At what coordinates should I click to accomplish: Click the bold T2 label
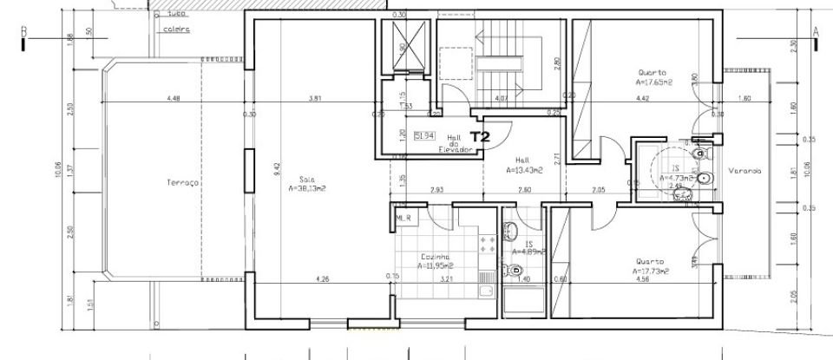pos(481,136)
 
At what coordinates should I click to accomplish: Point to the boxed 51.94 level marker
pos(424,136)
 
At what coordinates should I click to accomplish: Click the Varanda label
pos(744,171)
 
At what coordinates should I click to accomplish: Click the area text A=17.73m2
pos(650,271)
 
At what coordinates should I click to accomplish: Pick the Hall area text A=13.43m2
pos(524,171)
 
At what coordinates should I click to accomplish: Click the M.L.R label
pos(403,218)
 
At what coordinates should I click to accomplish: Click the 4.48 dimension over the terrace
pos(174,98)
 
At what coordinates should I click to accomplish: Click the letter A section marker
pos(816,31)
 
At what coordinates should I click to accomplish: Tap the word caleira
pos(177,29)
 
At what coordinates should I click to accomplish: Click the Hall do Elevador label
pos(459,143)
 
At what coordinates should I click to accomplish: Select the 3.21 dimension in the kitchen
pos(447,279)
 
